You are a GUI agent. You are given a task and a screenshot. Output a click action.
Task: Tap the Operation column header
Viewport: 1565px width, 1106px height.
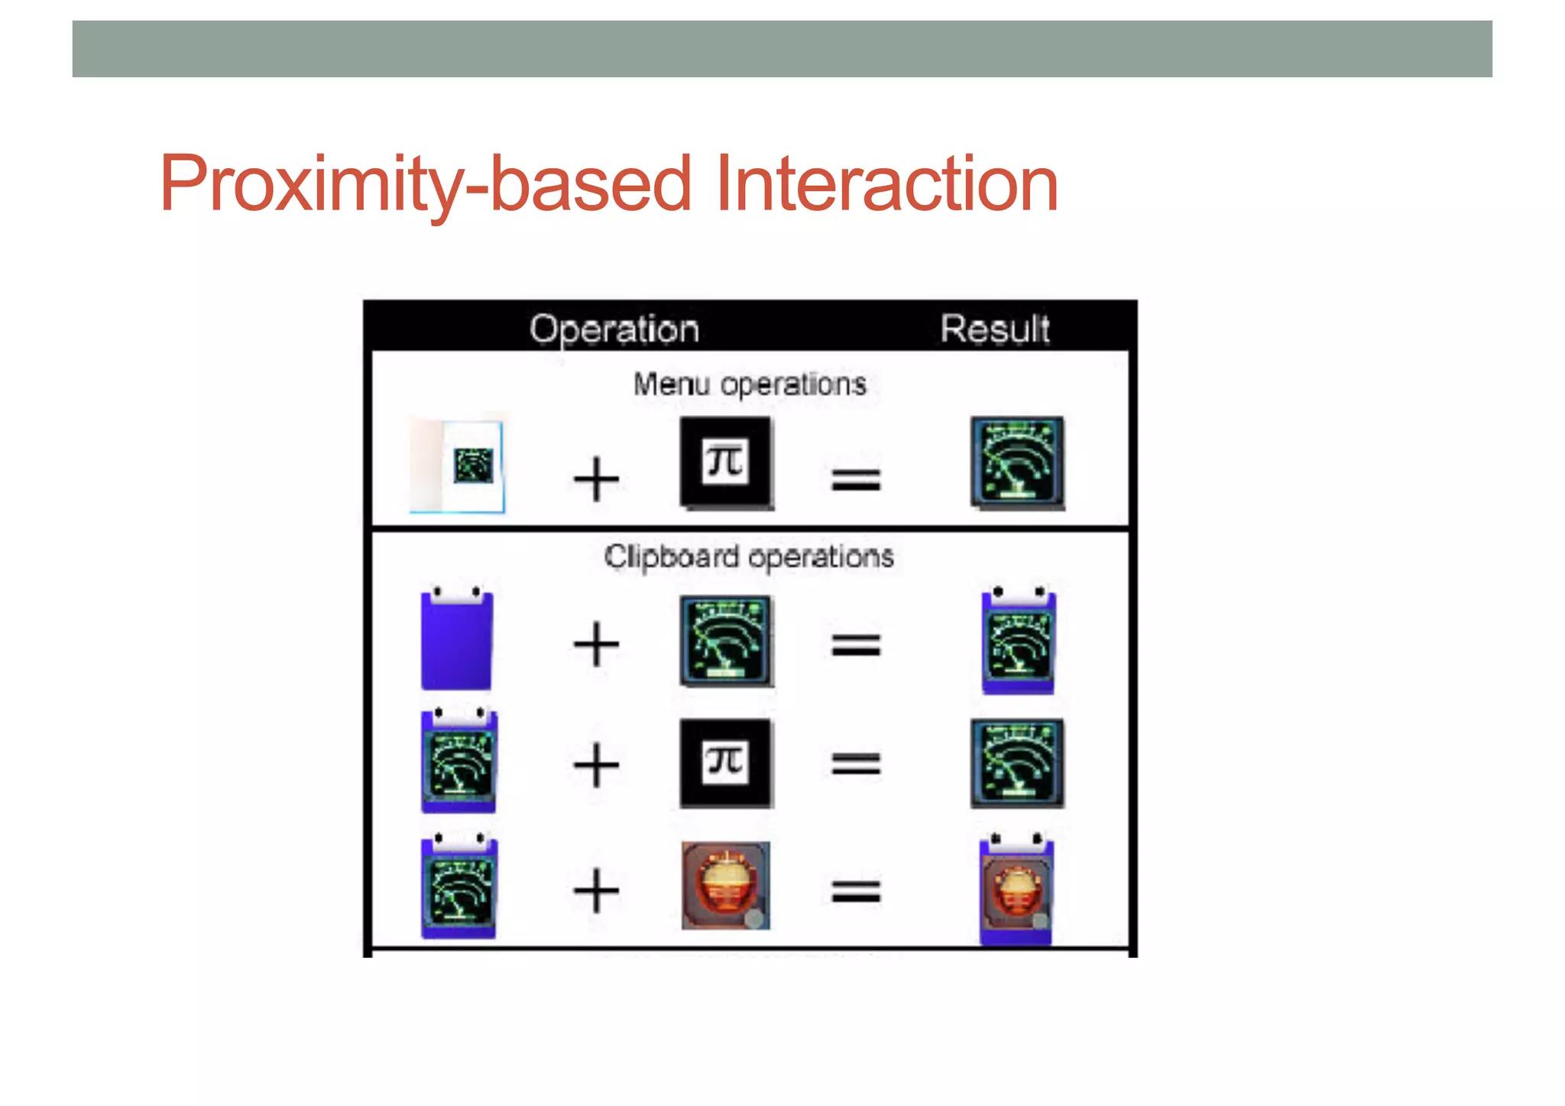614,329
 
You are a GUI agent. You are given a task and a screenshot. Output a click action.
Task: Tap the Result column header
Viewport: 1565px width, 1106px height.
995,329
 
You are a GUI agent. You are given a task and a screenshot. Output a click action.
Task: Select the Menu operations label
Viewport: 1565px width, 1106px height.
750,384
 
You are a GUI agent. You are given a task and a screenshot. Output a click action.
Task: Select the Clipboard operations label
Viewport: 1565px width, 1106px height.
749,556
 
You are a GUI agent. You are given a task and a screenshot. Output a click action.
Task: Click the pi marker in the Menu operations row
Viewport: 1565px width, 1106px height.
725,462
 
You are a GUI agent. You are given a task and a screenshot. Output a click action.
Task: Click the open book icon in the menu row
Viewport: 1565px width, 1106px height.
458,465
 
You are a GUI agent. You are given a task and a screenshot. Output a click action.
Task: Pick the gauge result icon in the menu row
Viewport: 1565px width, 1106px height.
1017,462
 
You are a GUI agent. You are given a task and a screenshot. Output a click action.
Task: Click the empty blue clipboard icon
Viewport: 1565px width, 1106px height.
457,641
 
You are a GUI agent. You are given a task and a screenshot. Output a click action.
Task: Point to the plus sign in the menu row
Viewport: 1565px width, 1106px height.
596,479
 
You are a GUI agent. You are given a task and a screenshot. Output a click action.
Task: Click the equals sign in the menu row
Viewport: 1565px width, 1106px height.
856,480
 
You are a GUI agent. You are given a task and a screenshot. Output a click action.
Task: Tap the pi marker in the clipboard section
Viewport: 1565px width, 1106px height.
725,763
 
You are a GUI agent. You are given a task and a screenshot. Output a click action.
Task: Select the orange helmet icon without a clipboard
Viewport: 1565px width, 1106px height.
725,885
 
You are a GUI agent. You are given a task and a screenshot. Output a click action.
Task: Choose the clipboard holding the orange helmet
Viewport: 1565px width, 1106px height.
1016,889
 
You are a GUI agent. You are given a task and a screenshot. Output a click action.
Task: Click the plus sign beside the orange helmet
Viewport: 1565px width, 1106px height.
596,890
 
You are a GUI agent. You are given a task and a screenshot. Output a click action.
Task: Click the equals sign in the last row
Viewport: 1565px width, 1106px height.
856,891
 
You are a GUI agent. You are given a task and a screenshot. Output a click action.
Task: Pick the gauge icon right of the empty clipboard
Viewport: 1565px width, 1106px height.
725,641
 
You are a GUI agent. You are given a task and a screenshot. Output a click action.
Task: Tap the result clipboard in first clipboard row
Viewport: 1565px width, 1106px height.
1018,642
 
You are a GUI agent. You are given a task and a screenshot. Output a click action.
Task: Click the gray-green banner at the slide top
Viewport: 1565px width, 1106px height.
782,48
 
